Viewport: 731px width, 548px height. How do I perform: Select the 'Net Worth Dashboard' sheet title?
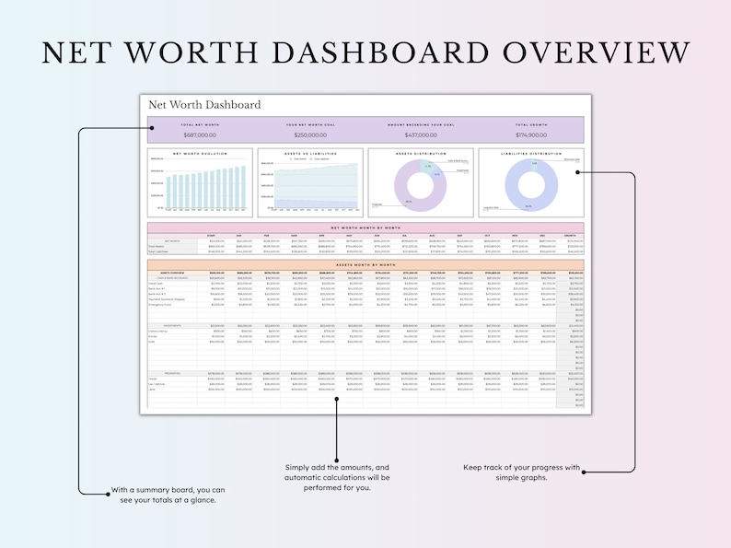(x=204, y=105)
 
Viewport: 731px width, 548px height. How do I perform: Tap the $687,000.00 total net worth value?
(x=199, y=134)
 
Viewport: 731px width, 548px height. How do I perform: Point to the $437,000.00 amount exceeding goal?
(x=420, y=134)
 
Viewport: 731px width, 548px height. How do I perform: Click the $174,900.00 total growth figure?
(x=530, y=134)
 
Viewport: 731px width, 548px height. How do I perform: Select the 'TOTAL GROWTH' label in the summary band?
(x=530, y=122)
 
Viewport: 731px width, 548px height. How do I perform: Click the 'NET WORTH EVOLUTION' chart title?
(x=200, y=154)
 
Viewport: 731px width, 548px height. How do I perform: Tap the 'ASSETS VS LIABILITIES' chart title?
(x=310, y=154)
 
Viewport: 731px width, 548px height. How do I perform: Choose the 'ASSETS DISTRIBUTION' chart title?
(x=421, y=154)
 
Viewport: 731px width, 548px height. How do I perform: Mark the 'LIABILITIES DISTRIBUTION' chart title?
(x=531, y=154)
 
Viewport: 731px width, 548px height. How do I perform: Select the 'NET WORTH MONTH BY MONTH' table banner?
(x=365, y=226)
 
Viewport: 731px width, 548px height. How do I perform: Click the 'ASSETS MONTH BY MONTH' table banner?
(x=365, y=264)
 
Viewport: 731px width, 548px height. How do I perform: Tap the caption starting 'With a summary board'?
(x=168, y=496)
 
